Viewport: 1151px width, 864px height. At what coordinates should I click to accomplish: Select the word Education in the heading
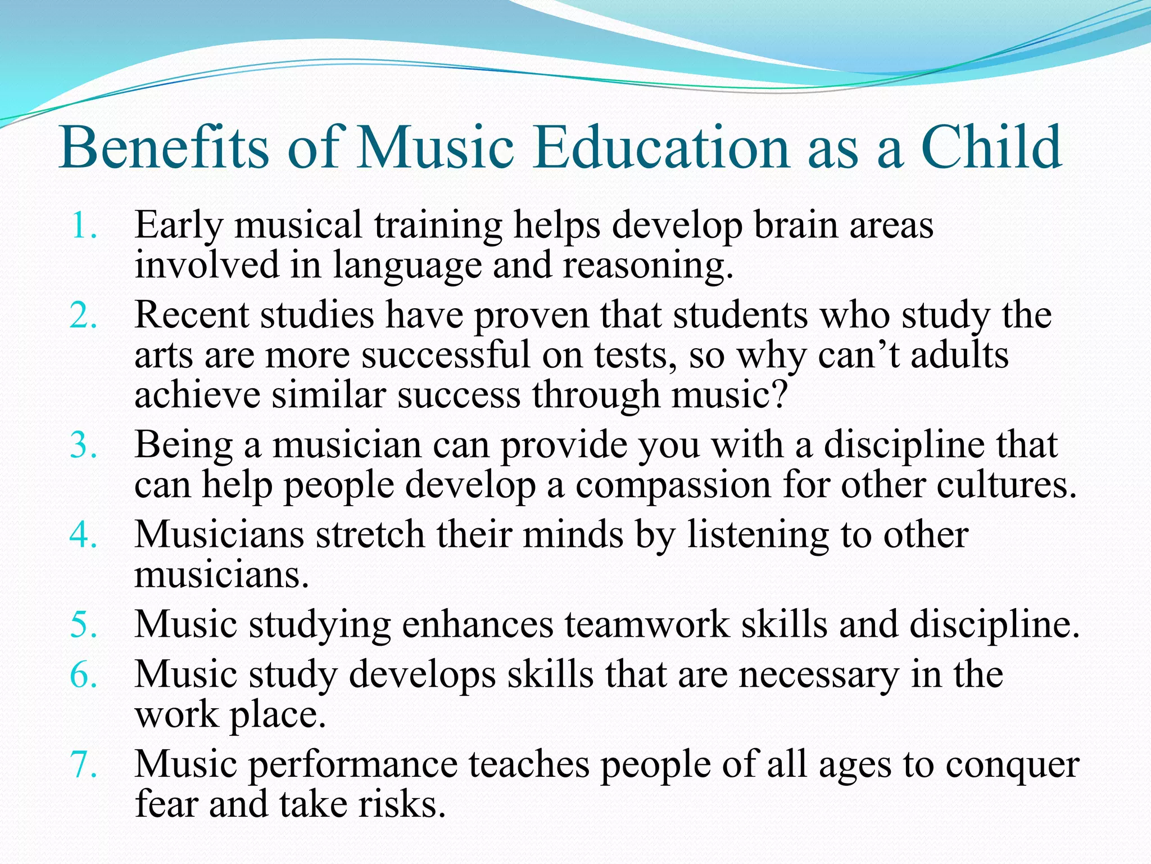(661, 147)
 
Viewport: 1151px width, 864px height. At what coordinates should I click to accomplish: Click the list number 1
(83, 226)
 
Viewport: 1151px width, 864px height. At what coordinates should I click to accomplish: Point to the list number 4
(83, 535)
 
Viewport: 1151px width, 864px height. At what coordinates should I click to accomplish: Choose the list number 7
(83, 765)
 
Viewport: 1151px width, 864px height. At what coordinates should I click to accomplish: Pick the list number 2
(83, 316)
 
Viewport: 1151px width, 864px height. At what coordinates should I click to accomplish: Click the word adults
(959, 355)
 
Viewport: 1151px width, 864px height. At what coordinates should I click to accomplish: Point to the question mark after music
(780, 395)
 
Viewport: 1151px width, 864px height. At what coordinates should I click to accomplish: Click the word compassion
(673, 485)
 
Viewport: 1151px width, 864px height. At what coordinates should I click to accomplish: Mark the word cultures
(1006, 485)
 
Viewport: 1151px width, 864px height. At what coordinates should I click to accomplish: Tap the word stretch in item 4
(369, 534)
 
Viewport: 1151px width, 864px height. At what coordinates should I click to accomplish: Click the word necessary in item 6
(818, 674)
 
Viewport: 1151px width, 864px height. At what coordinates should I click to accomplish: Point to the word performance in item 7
(353, 765)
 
